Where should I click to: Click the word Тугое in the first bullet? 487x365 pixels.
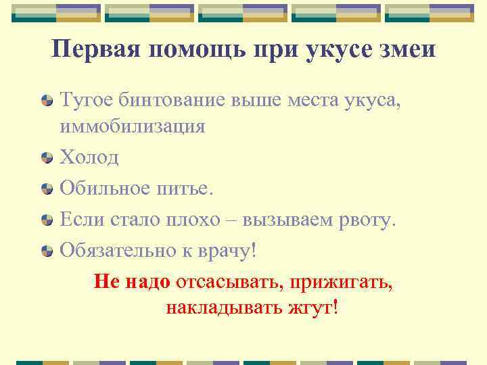(86, 102)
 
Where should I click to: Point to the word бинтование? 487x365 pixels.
(163, 102)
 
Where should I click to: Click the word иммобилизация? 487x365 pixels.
(132, 126)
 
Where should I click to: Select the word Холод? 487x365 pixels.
(89, 157)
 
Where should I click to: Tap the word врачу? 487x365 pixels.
(224, 250)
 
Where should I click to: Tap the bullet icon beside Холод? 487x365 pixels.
(47, 157)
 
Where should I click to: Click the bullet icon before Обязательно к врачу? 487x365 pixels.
(47, 251)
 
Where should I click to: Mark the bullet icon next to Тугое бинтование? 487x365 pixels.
(47, 103)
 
